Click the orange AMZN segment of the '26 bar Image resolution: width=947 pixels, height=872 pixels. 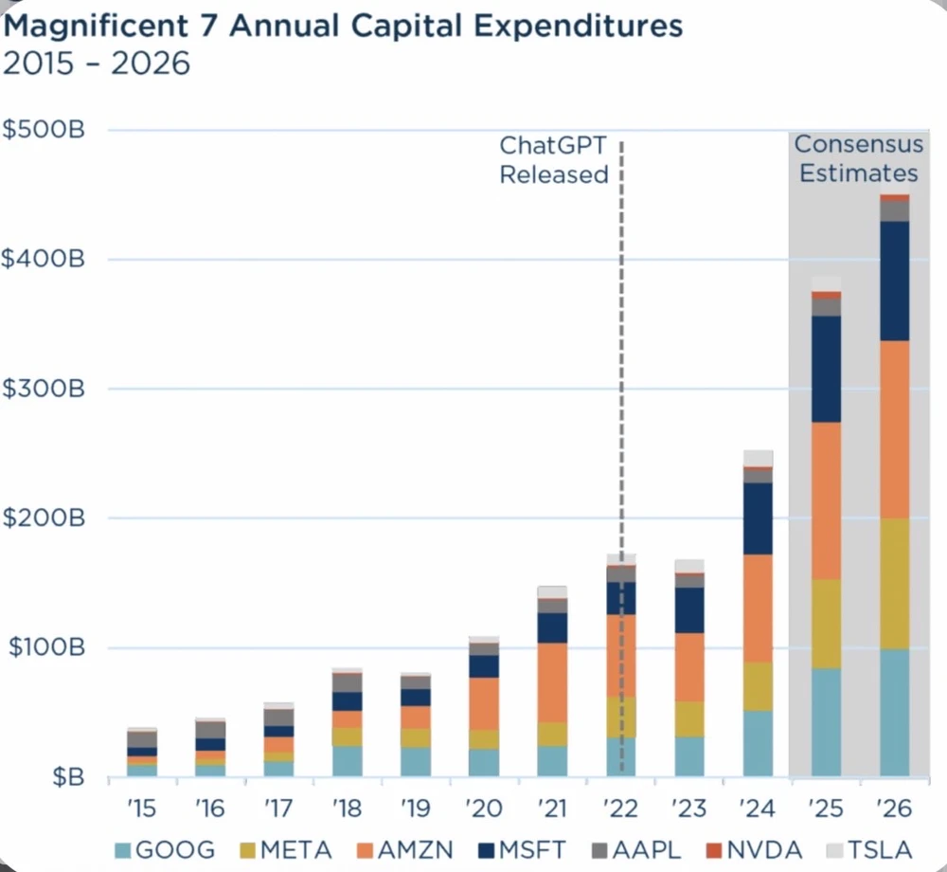click(893, 428)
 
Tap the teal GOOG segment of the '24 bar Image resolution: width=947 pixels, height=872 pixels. click(758, 743)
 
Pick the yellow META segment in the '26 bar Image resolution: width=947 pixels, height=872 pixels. click(893, 583)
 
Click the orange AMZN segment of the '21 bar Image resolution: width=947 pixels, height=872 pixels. click(552, 681)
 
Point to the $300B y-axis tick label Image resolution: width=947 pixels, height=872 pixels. click(56, 389)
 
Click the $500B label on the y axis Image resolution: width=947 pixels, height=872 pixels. click(56, 130)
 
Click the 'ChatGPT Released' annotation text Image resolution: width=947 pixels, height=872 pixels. click(553, 160)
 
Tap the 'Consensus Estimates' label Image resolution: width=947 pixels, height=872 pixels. click(858, 159)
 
